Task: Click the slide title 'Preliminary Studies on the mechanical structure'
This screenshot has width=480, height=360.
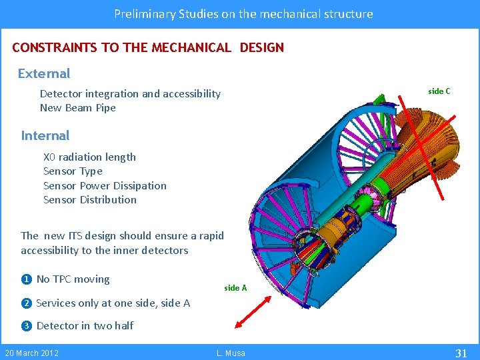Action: pyautogui.click(x=243, y=13)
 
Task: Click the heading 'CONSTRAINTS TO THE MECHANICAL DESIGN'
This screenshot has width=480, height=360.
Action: pyautogui.click(x=148, y=48)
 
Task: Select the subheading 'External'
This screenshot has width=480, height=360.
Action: pyautogui.click(x=44, y=73)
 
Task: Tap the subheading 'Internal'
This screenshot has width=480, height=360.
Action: pyautogui.click(x=45, y=135)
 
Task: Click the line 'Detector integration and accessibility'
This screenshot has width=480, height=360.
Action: pyautogui.click(x=130, y=94)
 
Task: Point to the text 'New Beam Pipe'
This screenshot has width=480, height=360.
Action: pyautogui.click(x=78, y=108)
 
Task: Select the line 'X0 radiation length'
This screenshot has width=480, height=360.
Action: pyautogui.click(x=89, y=157)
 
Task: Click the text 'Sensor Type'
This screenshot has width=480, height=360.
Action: pyautogui.click(x=73, y=171)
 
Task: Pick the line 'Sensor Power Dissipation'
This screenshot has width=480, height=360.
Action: pyautogui.click(x=105, y=185)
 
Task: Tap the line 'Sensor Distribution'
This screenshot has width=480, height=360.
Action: pyautogui.click(x=90, y=199)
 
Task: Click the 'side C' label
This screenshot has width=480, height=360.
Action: pyautogui.click(x=439, y=91)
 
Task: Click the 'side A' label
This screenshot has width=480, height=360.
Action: pyautogui.click(x=235, y=288)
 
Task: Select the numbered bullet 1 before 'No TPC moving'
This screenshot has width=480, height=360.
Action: pyautogui.click(x=26, y=279)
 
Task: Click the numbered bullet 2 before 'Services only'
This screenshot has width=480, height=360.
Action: pyautogui.click(x=26, y=303)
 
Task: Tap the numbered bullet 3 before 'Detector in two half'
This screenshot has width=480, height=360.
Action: pyautogui.click(x=26, y=326)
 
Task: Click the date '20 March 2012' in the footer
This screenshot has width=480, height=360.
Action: pyautogui.click(x=32, y=353)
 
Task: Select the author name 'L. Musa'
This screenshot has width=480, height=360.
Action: pyautogui.click(x=231, y=353)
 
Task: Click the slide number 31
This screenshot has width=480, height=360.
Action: pyautogui.click(x=460, y=353)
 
